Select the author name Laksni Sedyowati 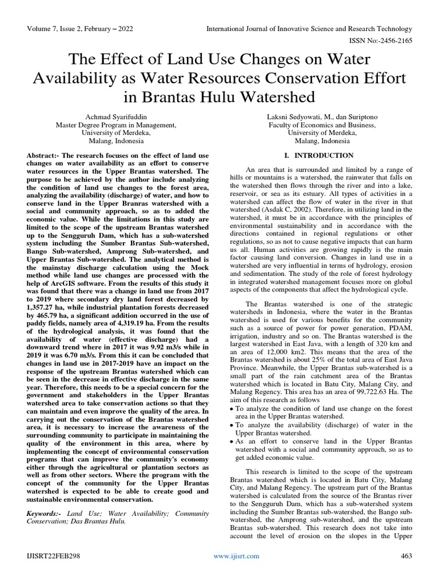(x=304, y=117)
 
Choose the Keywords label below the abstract (x=46, y=514)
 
